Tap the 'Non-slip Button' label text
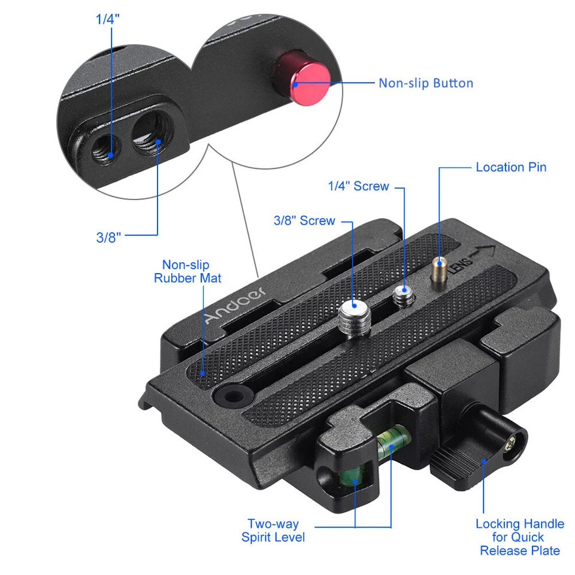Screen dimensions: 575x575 click(425, 83)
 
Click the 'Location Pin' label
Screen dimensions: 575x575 click(511, 167)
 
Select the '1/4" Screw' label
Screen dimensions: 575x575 click(358, 186)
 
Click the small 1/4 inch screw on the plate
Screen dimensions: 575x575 click(404, 295)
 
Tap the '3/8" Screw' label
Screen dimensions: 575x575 click(304, 220)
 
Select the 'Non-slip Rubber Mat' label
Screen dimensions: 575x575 click(187, 271)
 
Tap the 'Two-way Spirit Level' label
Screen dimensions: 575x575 click(273, 531)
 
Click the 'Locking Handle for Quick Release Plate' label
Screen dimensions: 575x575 click(519, 537)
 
